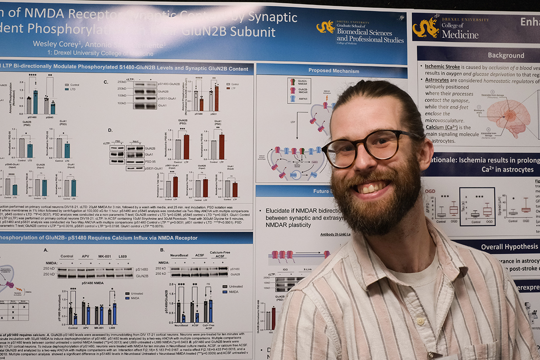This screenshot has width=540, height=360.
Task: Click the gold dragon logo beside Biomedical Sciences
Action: click(325, 27)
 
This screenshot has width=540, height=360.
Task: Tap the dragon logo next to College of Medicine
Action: click(426, 27)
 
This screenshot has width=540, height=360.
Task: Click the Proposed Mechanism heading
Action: click(333, 71)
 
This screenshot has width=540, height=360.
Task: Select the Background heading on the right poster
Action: click(506, 55)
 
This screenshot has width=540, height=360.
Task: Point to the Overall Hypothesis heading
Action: click(509, 247)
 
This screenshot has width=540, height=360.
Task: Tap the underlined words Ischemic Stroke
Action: click(442, 67)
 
